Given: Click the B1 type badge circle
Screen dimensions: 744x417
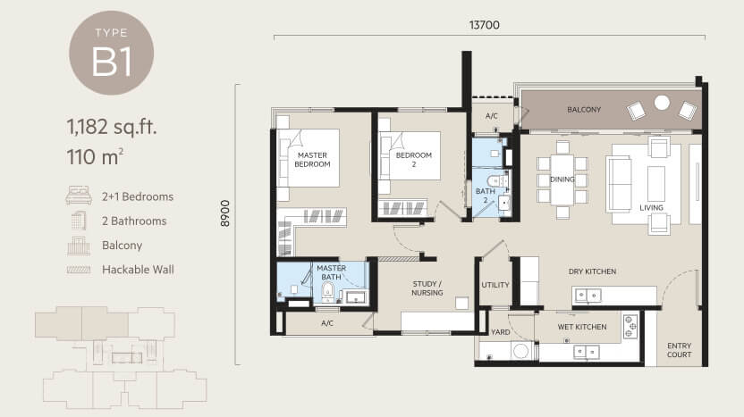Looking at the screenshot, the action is point(112,53).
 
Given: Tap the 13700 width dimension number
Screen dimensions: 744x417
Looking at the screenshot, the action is point(485,25).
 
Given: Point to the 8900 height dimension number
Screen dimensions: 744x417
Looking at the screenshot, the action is point(225,213).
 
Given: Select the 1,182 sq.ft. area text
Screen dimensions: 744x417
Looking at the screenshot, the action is point(112,127).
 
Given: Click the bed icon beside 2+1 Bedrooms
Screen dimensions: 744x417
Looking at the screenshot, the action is point(79,196).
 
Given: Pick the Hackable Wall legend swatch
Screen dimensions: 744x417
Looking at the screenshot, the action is point(79,270).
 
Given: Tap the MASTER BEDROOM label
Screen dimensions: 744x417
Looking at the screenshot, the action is point(312,160).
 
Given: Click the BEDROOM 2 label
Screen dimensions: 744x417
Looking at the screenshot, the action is point(414,160).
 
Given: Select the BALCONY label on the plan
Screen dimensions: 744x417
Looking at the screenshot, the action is point(584,110).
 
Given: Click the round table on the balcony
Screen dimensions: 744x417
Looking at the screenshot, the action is point(662,103).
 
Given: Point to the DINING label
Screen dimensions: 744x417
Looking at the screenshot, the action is point(562,179).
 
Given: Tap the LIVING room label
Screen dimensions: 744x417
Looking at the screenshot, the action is point(651,207).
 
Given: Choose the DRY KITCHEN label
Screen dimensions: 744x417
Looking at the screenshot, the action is point(592,271).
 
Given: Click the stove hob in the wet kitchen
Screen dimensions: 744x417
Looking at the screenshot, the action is point(630,327).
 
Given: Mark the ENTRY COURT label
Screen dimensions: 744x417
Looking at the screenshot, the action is point(679,350).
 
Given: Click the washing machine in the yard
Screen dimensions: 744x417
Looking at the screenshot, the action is point(521,351).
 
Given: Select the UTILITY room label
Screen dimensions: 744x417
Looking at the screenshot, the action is point(495,285).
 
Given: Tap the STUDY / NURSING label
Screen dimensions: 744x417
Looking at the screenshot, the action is point(427,288).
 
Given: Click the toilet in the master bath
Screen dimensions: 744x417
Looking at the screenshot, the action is point(327,291).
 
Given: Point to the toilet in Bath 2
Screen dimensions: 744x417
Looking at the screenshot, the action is point(496,181).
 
